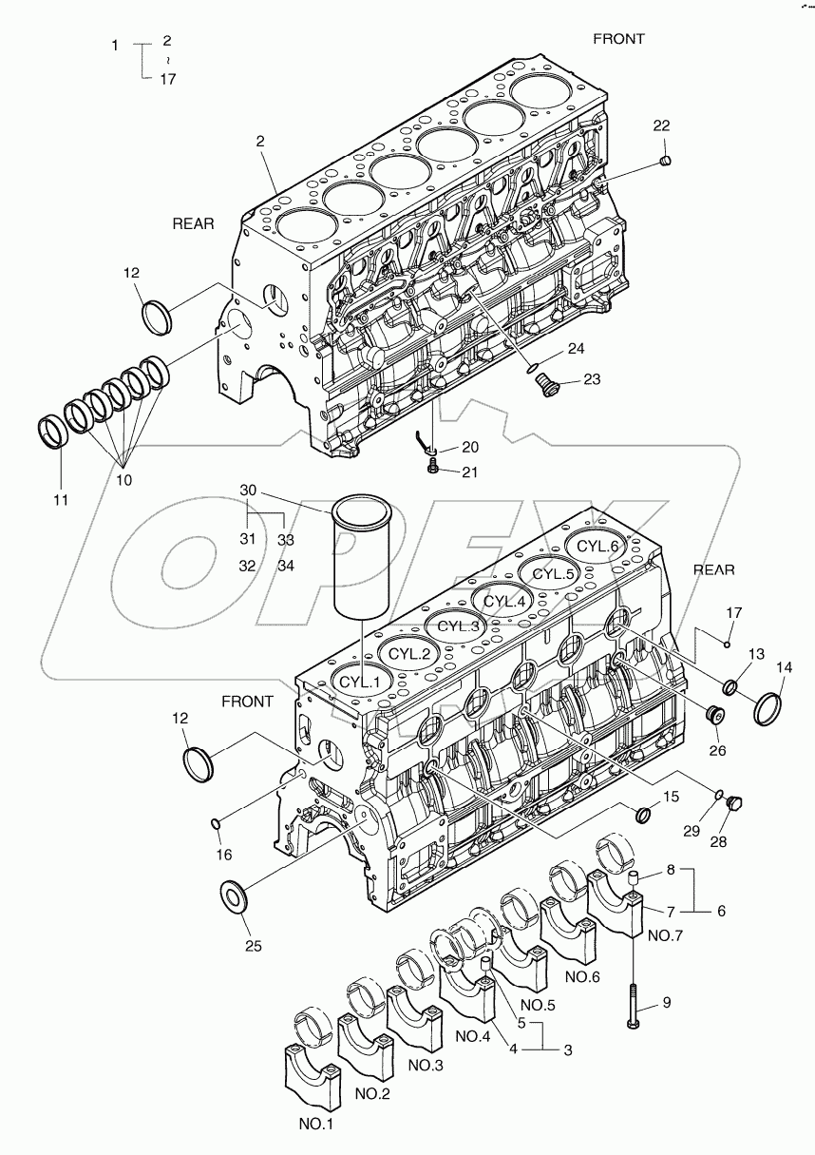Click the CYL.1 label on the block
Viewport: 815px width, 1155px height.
click(360, 682)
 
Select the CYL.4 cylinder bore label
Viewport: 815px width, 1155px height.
click(503, 602)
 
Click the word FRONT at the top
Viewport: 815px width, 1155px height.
click(618, 39)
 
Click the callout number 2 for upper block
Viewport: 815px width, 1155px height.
click(259, 140)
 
